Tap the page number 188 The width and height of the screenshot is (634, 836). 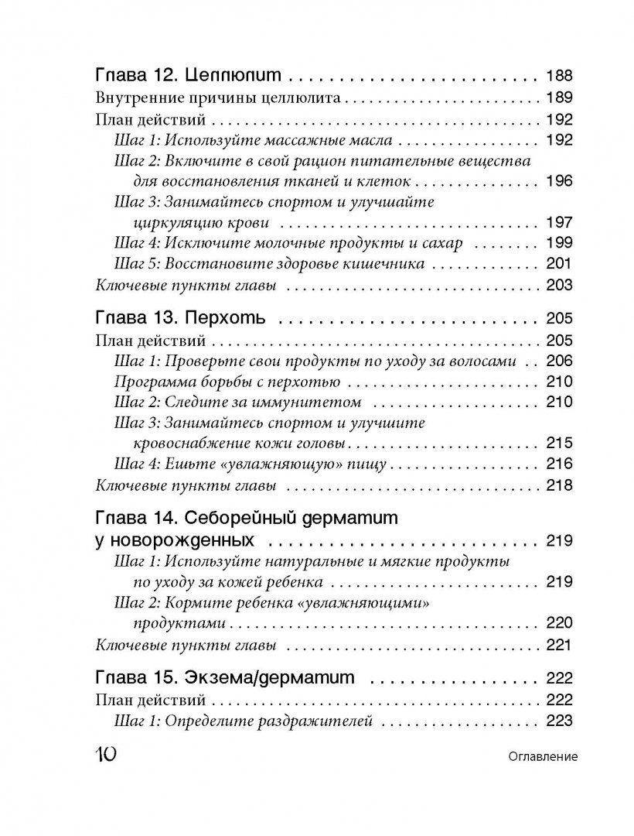(x=558, y=76)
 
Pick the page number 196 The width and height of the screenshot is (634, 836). (x=558, y=182)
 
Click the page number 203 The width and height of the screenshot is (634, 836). (x=558, y=286)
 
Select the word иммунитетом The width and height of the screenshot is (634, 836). (x=313, y=403)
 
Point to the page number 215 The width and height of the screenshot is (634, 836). (x=558, y=444)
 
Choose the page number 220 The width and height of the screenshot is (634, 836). (x=558, y=623)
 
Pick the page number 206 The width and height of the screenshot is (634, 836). (x=558, y=361)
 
